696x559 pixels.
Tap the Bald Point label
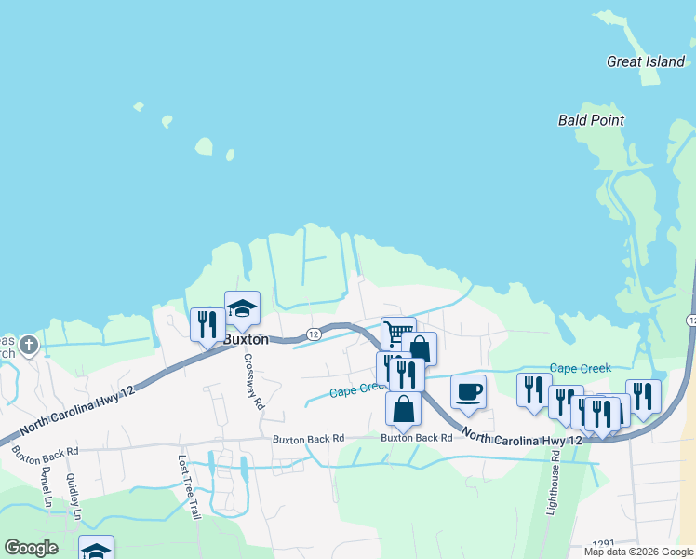(x=591, y=120)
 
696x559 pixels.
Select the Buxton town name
(x=246, y=340)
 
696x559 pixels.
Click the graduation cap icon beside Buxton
(x=242, y=308)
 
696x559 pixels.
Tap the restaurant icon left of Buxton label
(x=207, y=325)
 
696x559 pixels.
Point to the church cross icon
(x=28, y=346)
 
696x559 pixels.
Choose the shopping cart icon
(x=398, y=333)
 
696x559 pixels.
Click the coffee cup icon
(x=468, y=391)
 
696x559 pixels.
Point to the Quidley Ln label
(x=73, y=498)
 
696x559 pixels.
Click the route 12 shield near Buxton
(x=314, y=334)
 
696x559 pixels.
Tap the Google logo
(x=31, y=548)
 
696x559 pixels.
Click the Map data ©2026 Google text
(x=637, y=552)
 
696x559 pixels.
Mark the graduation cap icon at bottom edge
(x=96, y=550)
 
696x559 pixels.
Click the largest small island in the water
(x=203, y=146)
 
